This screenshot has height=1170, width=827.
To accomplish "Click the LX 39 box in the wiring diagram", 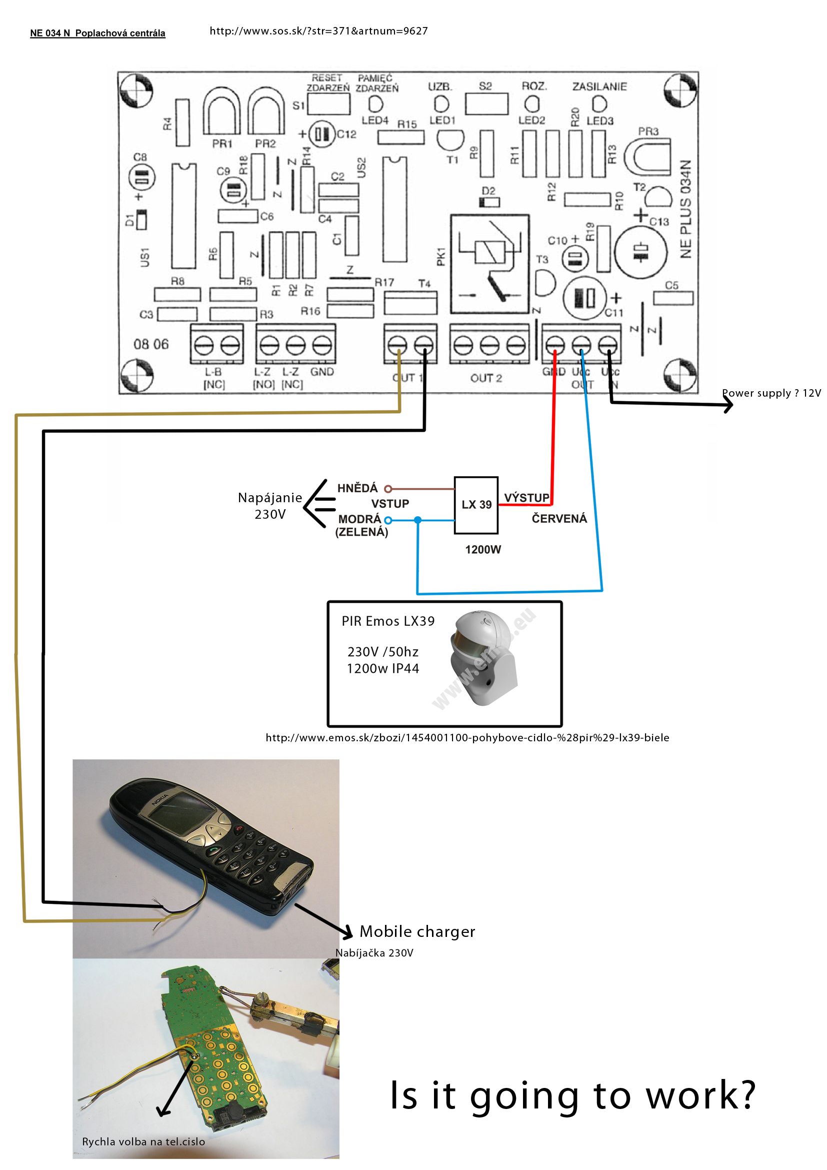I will pyautogui.click(x=475, y=505).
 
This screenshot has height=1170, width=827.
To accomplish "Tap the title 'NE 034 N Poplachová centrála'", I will pyautogui.click(x=98, y=34).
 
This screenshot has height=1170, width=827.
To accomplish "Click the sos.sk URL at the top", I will pyautogui.click(x=318, y=31).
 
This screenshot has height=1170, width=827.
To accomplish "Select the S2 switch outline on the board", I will pyautogui.click(x=486, y=104).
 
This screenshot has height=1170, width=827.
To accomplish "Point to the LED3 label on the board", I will pyautogui.click(x=600, y=121).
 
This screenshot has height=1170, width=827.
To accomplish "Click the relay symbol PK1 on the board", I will pyautogui.click(x=489, y=264).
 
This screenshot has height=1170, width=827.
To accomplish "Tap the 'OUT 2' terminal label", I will pyautogui.click(x=486, y=378).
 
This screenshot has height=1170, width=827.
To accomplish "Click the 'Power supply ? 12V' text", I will pyautogui.click(x=771, y=393).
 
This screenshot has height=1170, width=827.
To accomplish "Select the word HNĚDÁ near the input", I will pyautogui.click(x=357, y=488).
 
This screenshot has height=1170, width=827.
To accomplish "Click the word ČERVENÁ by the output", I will pyautogui.click(x=559, y=519).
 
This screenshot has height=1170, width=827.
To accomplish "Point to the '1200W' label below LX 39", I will pyautogui.click(x=483, y=549).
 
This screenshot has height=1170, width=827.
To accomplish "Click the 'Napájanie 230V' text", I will pyautogui.click(x=270, y=506).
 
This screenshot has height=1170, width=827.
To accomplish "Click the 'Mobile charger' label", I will pyautogui.click(x=417, y=931).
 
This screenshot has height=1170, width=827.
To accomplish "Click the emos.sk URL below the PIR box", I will pyautogui.click(x=467, y=738).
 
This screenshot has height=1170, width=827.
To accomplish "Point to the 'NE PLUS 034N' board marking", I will pyautogui.click(x=686, y=209).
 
